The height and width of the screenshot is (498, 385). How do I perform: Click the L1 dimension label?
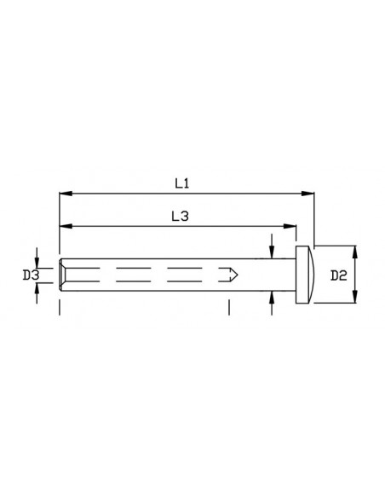click(181, 182)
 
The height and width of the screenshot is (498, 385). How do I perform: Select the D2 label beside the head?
click(337, 275)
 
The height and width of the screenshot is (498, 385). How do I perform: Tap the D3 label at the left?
click(30, 275)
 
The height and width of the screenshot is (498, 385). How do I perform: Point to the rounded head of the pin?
click(310, 275)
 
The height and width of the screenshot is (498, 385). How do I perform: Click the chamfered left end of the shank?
click(62, 275)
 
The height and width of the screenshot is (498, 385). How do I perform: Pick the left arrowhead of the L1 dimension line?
click(63, 194)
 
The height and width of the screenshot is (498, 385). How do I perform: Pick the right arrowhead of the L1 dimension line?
click(311, 194)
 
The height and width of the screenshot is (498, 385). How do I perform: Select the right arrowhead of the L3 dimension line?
click(292, 227)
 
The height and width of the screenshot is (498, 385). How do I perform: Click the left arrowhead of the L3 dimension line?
click(63, 227)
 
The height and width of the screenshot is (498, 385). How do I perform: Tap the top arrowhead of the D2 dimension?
click(355, 249)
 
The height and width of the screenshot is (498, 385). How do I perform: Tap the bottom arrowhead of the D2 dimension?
click(355, 300)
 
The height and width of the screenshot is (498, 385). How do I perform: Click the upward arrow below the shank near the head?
click(272, 295)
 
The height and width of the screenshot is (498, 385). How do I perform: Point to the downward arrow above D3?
click(37, 257)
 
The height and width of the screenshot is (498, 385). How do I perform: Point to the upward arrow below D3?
click(37, 292)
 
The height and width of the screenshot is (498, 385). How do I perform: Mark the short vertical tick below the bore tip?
click(229, 307)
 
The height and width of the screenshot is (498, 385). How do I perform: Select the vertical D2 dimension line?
click(355, 275)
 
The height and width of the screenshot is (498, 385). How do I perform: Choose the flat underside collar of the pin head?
click(299, 275)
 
